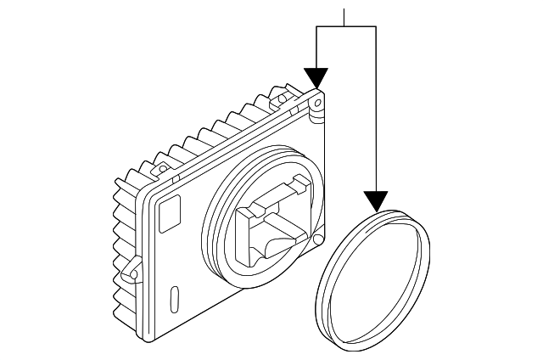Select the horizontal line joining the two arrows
(x=345, y=26)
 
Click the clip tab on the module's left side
(x=131, y=270)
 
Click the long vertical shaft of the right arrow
(x=375, y=110)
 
